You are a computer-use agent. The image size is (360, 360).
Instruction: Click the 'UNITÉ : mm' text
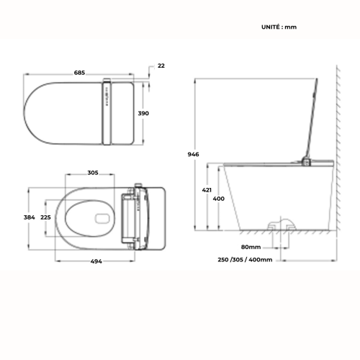(x=279, y=27)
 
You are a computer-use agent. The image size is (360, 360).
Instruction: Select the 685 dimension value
(x=79, y=72)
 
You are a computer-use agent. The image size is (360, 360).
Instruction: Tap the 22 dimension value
(x=161, y=66)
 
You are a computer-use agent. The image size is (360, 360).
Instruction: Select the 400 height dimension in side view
(x=219, y=198)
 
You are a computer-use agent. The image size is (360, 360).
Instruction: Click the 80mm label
(x=252, y=245)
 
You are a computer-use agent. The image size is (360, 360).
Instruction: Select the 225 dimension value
(x=45, y=217)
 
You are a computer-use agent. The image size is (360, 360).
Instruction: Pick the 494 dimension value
(x=96, y=261)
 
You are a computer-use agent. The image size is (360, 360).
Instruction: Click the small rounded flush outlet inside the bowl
(x=102, y=217)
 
